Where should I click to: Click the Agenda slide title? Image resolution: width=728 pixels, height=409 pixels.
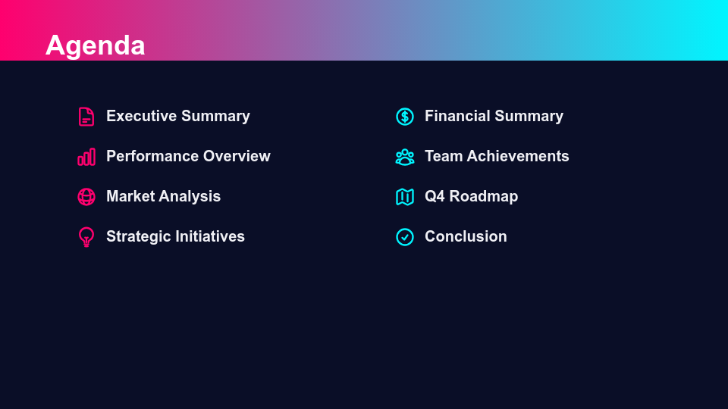[x=95, y=45]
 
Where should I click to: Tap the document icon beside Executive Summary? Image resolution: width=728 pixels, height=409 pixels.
[x=86, y=117]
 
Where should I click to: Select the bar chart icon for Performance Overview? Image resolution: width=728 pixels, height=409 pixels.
[x=86, y=157]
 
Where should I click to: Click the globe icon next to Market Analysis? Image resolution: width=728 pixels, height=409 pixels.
[x=86, y=197]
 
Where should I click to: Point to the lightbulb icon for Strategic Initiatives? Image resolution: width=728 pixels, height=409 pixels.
[x=86, y=237]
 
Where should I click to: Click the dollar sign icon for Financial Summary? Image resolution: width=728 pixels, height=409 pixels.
[x=405, y=117]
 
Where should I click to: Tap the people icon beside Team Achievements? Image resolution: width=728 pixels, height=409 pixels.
[x=405, y=157]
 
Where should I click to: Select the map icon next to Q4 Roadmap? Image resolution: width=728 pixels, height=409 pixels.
[x=405, y=197]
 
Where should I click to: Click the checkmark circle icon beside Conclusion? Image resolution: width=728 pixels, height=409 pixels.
[x=405, y=237]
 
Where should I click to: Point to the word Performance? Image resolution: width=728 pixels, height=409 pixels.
[x=151, y=157]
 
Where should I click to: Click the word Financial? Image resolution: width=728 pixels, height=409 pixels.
[x=457, y=117]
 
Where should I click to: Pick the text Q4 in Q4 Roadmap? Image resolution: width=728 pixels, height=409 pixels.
[x=435, y=197]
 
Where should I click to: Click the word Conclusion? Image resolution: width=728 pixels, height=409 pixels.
[x=466, y=237]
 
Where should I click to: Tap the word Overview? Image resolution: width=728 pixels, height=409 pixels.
[x=236, y=157]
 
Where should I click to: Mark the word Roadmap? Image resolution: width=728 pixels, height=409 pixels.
[x=484, y=197]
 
